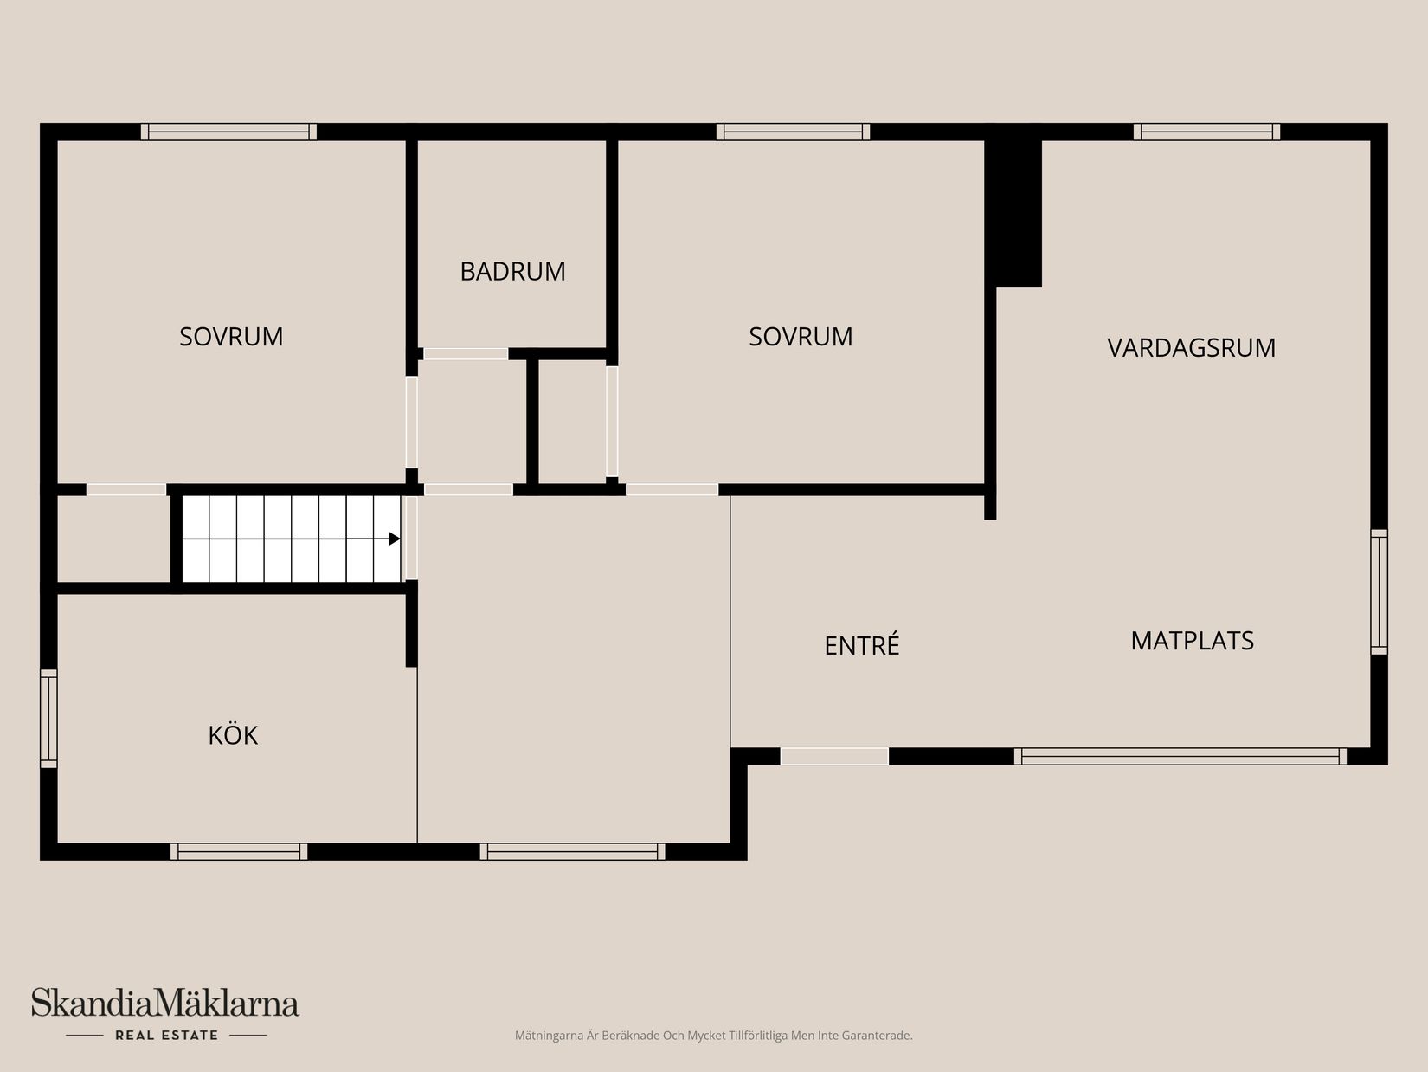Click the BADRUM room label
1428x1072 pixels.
point(512,271)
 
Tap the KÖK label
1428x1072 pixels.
point(233,735)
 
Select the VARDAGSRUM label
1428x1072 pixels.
point(1191,347)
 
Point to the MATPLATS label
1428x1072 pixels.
point(1192,641)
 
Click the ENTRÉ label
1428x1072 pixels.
point(862,646)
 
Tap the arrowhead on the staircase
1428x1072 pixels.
point(394,539)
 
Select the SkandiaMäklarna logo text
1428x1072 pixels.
point(165,1004)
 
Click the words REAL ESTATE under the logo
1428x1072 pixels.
point(166,1035)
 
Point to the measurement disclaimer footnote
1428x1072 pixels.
point(713,1036)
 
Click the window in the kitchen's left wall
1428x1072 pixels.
point(49,718)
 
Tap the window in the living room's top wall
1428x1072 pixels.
point(1206,132)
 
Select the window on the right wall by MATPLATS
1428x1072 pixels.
point(1379,591)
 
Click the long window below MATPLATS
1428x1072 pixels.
point(1180,756)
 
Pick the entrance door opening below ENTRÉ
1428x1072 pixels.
point(834,756)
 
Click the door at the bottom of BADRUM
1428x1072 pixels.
point(466,353)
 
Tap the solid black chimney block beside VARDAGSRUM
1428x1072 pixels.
point(1015,208)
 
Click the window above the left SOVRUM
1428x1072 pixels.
point(228,132)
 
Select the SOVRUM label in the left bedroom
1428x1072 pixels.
point(231,336)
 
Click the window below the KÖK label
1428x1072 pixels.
point(239,851)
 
